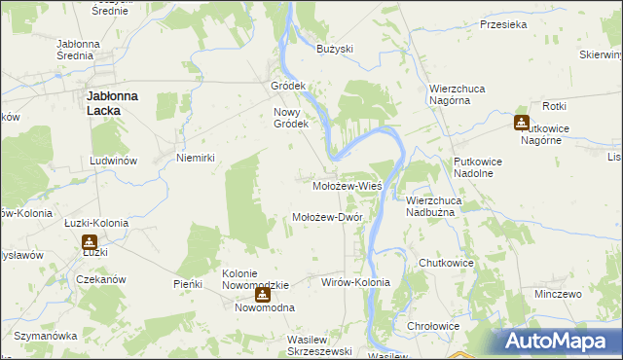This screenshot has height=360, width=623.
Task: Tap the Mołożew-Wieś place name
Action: pos(346,185)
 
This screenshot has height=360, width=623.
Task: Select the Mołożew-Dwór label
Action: pos(328,217)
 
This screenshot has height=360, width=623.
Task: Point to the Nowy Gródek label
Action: pos(290,117)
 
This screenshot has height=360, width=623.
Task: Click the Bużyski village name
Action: pos(335,49)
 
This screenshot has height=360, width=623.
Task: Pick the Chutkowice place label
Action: pos(445,264)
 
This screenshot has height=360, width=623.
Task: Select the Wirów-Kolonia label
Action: pos(355,282)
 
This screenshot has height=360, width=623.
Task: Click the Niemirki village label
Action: pos(195,158)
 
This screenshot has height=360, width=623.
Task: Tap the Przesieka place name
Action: pos(503,26)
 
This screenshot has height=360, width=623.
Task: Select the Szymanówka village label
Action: pos(46,336)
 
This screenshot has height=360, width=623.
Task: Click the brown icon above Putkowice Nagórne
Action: pos(522,123)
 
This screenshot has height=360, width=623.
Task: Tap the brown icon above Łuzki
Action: pos(90,241)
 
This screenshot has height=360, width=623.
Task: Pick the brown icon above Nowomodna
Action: pos(262,294)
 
